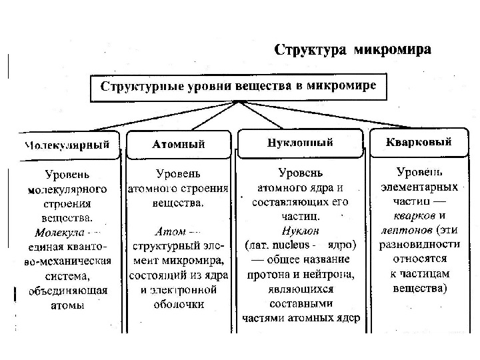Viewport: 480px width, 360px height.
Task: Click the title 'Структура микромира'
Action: click(x=353, y=50)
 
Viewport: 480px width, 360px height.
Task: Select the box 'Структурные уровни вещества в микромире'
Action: click(x=238, y=86)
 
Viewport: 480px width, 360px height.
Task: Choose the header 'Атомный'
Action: click(x=179, y=144)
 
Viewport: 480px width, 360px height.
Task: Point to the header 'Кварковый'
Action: click(x=419, y=142)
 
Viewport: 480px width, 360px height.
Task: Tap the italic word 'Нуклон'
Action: click(x=301, y=230)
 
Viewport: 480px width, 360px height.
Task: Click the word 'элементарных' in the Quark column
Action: click(x=419, y=186)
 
